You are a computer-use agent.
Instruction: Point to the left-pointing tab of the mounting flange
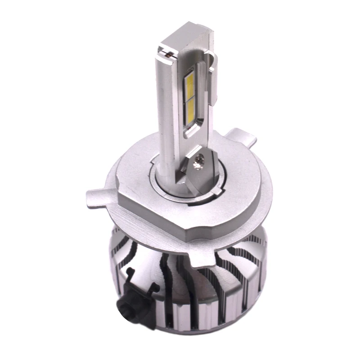click(95, 197)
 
